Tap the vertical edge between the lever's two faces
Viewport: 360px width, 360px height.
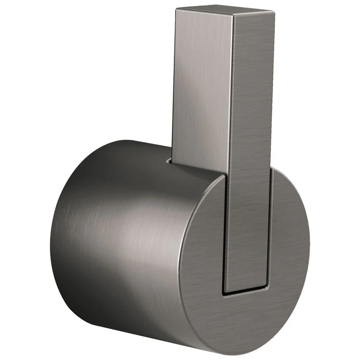pyautogui.click(x=233, y=96)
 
